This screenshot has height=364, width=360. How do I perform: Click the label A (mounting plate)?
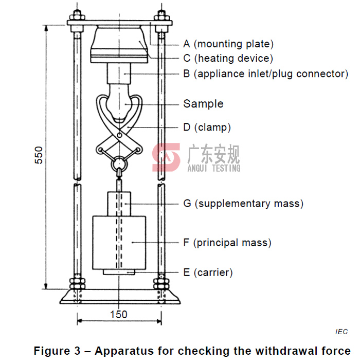click(x=228, y=44)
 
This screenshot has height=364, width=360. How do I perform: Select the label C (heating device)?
click(x=228, y=59)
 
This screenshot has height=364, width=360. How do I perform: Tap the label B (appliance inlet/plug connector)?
click(x=265, y=74)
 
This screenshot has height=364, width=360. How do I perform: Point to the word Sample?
click(x=203, y=104)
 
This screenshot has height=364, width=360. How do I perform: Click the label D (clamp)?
click(x=207, y=127)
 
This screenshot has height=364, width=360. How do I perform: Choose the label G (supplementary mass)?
click(x=243, y=204)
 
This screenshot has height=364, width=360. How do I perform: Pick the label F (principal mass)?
click(x=227, y=242)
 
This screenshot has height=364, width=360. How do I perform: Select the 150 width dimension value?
click(x=119, y=315)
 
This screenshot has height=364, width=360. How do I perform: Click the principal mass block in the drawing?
click(x=119, y=242)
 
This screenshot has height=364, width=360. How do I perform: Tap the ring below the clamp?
click(x=119, y=164)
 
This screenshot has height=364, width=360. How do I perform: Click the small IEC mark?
click(x=341, y=332)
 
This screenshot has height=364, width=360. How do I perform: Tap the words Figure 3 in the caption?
click(x=57, y=351)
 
